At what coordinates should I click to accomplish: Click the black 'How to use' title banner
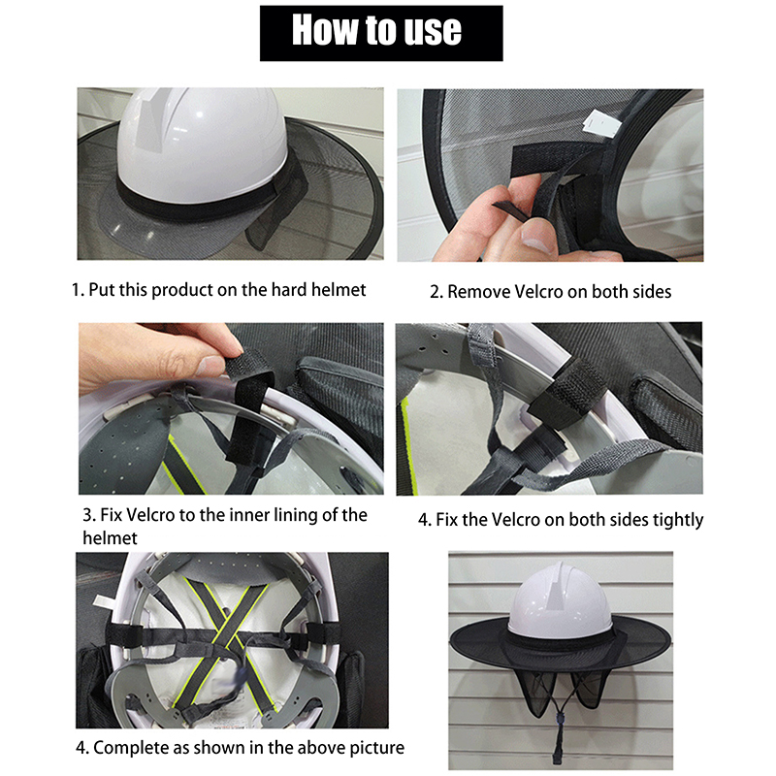(x=381, y=33)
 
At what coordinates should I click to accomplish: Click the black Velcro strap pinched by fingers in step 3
(x=250, y=405)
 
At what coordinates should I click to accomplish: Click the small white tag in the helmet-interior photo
(x=104, y=600)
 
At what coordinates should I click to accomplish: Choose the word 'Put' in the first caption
(x=101, y=289)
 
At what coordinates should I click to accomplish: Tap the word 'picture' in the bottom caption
(x=376, y=748)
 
